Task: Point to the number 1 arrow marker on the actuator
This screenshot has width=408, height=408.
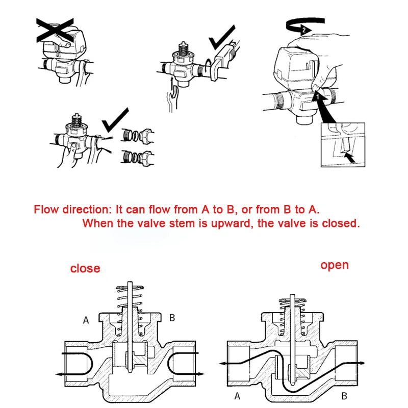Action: click(x=316, y=95)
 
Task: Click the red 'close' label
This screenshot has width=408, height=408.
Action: click(x=85, y=268)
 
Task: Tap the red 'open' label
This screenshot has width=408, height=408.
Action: click(x=335, y=265)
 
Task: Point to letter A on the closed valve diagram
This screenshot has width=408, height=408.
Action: click(x=86, y=320)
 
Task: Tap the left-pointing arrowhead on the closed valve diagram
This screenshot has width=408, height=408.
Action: click(x=60, y=374)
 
